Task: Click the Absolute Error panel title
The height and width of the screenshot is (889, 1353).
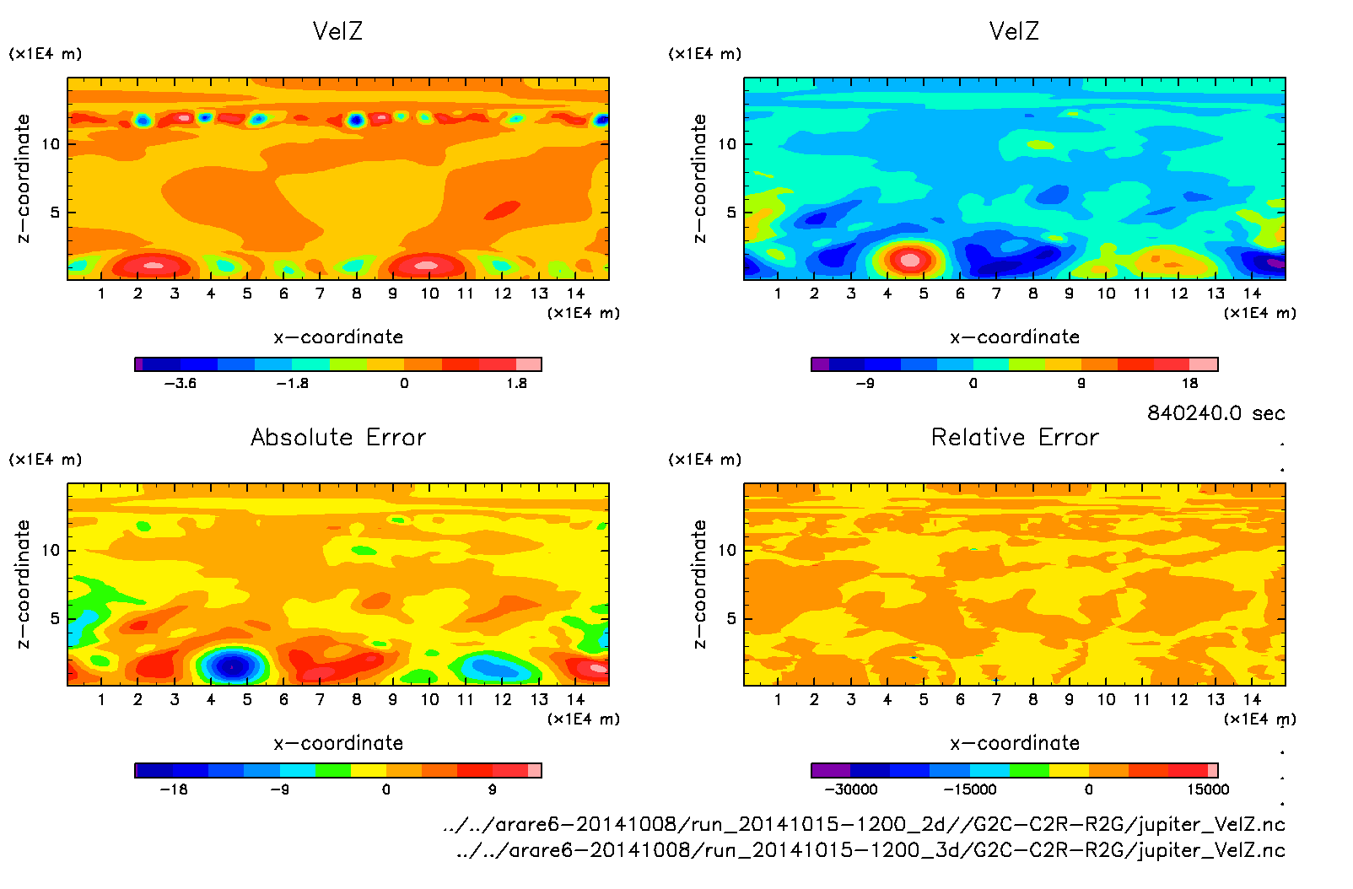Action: click(338, 437)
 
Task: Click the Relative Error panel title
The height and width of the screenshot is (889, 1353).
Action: click(1015, 437)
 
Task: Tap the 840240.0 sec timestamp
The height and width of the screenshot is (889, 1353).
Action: click(1216, 413)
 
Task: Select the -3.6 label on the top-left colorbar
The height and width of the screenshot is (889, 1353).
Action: click(180, 384)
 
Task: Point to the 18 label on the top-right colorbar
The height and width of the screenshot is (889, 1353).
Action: click(1189, 384)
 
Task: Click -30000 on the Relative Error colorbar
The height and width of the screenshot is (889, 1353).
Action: click(850, 789)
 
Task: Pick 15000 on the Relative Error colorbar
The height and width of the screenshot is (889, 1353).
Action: click(1208, 789)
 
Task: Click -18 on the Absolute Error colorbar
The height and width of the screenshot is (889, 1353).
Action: click(173, 789)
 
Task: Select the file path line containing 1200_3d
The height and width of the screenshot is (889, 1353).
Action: click(871, 850)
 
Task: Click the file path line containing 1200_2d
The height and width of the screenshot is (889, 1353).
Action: click(864, 824)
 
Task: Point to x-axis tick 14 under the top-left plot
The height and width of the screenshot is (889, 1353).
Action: click(575, 294)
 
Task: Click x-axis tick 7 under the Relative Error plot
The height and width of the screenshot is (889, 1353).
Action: click(996, 699)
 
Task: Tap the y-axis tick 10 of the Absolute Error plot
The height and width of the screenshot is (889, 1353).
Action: click(51, 550)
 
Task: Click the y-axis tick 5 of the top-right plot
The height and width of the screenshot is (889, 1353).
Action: click(731, 213)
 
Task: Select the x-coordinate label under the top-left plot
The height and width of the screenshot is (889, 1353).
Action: click(338, 337)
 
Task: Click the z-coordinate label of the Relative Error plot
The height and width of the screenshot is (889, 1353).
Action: click(699, 584)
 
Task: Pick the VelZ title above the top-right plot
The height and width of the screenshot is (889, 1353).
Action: click(1014, 31)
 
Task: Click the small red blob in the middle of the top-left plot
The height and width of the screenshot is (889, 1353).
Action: click(505, 208)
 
